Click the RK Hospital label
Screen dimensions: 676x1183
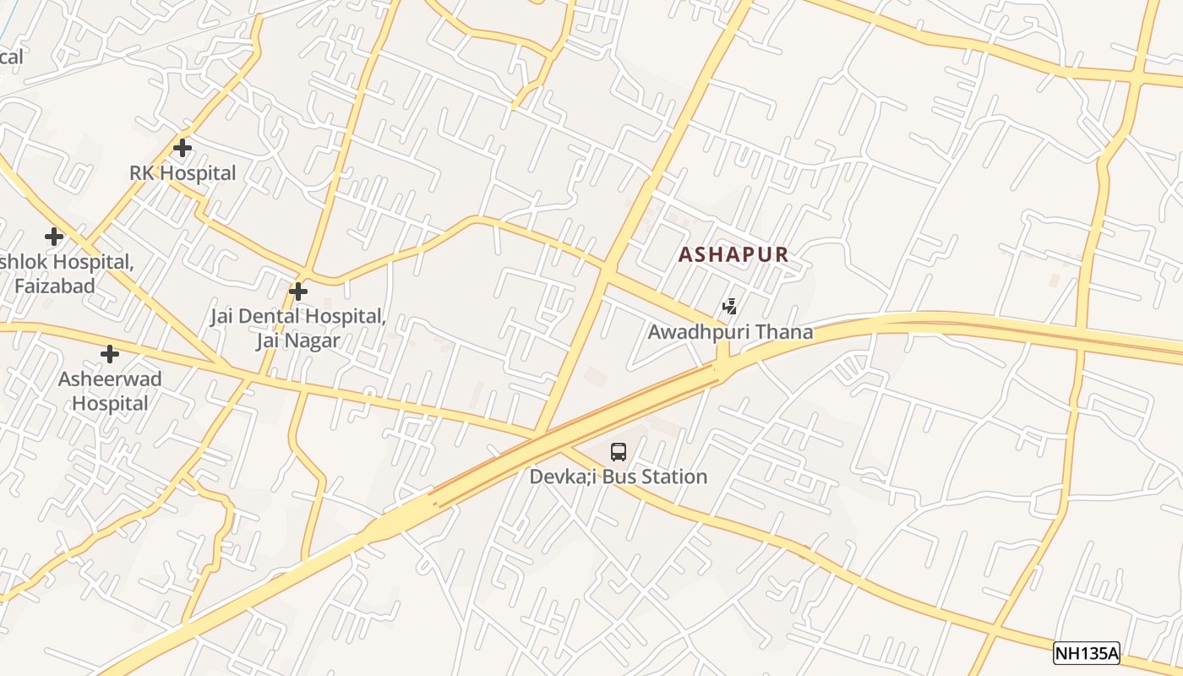[183, 173]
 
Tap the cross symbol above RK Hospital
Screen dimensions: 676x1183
[182, 148]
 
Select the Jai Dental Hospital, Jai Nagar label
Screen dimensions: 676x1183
[298, 329]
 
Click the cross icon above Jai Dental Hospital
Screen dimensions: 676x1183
[297, 292]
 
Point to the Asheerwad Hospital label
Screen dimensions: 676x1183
[110, 391]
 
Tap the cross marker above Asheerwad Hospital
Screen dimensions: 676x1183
[110, 354]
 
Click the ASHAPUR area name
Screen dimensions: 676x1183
[733, 254]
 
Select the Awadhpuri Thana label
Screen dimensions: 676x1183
[730, 332]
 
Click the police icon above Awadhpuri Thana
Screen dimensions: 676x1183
[729, 307]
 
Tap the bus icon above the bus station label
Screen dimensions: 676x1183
[619, 452]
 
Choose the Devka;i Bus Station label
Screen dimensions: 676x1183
[619, 477]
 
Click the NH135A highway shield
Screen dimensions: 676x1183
[1086, 653]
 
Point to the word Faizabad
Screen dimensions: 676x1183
[55, 286]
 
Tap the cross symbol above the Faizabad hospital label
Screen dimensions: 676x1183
[54, 237]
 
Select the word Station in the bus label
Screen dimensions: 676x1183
[673, 477]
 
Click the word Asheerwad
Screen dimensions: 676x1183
[110, 379]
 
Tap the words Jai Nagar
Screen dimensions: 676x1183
[298, 341]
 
